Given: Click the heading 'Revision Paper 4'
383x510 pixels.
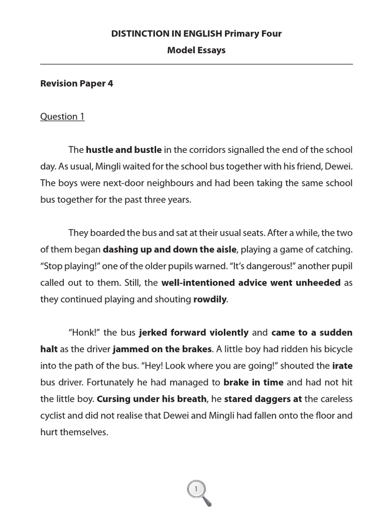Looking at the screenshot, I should tap(76, 84).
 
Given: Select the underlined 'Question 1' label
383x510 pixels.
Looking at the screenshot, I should tap(62, 117).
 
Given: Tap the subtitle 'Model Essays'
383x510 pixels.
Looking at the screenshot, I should tap(196, 50).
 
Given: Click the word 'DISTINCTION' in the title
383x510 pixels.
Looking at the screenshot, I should tap(140, 34).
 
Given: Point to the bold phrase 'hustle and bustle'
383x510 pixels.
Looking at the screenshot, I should tap(124, 149).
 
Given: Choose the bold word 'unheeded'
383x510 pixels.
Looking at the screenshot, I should tap(317, 282).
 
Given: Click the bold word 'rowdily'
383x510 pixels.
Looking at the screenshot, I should tap(210, 299).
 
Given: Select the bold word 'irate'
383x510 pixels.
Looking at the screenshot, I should tap(342, 366).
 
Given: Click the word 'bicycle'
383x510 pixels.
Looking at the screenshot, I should tap(334, 349).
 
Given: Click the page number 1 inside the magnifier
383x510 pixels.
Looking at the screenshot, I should tap(196, 489).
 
